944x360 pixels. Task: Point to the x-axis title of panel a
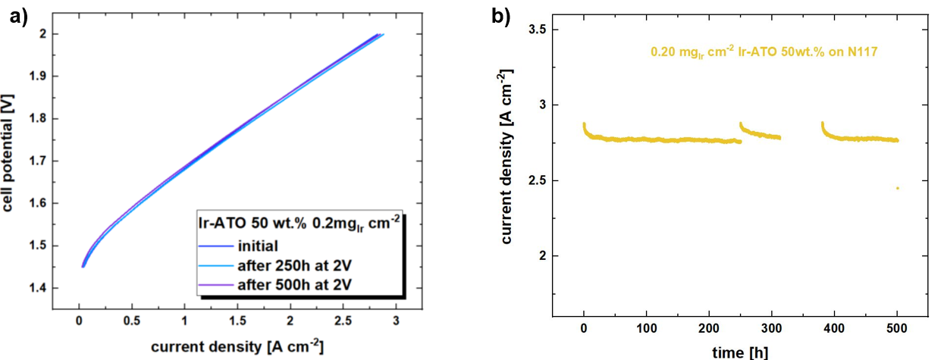(237, 348)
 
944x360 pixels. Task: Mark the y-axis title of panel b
(506, 157)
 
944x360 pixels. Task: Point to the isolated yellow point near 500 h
(897, 188)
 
